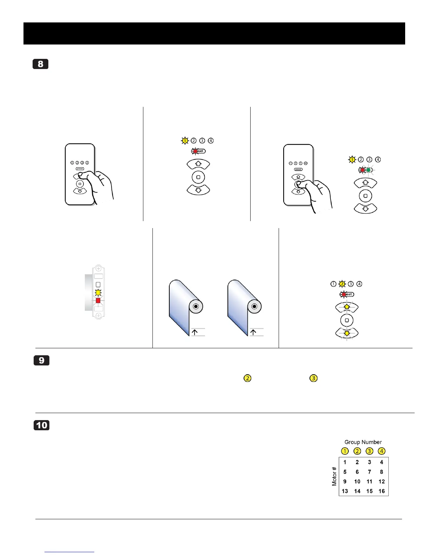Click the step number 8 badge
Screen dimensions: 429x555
[x=40, y=64]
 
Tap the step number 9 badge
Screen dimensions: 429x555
[x=41, y=361]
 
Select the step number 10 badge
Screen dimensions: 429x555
[x=41, y=425]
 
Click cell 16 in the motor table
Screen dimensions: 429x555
[x=382, y=491]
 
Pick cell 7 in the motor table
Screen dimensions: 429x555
[x=369, y=472]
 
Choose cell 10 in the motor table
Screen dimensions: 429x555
[x=357, y=482]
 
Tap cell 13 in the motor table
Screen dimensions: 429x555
[x=345, y=491]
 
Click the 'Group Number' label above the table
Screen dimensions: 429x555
[x=363, y=442]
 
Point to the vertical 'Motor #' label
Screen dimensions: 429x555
[x=334, y=476]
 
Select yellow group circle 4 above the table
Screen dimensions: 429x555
[x=382, y=451]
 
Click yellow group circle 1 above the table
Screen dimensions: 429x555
[x=345, y=451]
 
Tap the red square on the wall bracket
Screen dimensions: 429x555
[x=98, y=301]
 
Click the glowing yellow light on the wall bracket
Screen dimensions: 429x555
[x=98, y=293]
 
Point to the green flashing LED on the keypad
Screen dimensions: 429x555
[x=368, y=170]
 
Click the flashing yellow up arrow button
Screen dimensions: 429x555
[x=347, y=307]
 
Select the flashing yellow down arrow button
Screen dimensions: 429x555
[x=347, y=333]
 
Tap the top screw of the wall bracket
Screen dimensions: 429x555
[x=98, y=269]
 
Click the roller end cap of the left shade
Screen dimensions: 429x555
[x=196, y=307]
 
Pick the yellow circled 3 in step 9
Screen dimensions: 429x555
[x=313, y=378]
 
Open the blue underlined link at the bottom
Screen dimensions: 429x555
[x=69, y=551]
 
